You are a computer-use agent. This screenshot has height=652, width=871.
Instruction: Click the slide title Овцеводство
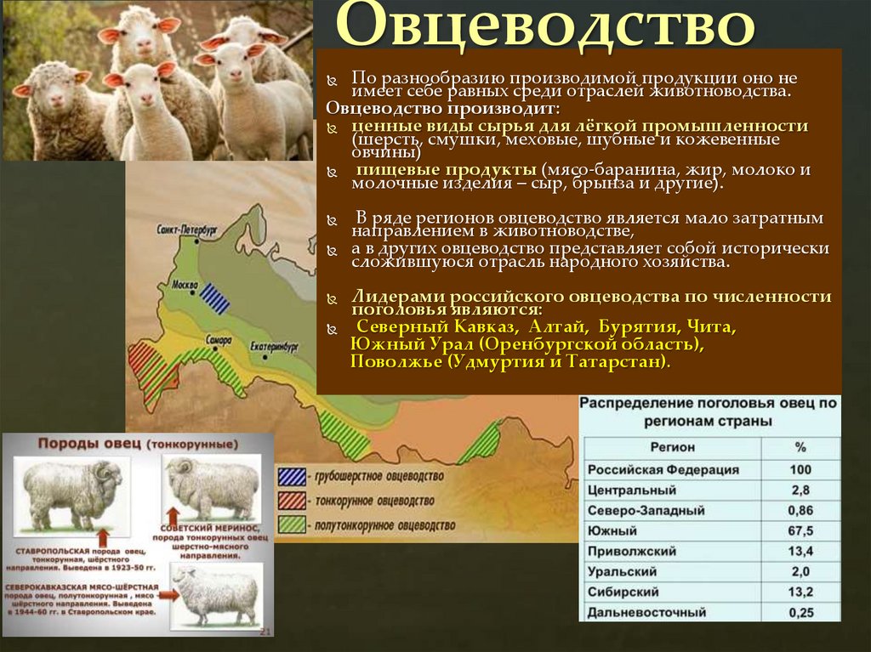(545, 28)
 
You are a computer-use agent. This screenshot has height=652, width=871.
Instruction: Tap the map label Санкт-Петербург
(187, 230)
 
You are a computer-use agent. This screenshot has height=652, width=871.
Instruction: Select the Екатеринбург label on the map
(274, 347)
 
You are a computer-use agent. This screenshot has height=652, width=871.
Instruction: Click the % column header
(800, 447)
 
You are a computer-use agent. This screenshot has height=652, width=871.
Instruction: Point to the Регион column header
(673, 447)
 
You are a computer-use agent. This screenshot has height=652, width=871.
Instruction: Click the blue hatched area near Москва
(215, 298)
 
